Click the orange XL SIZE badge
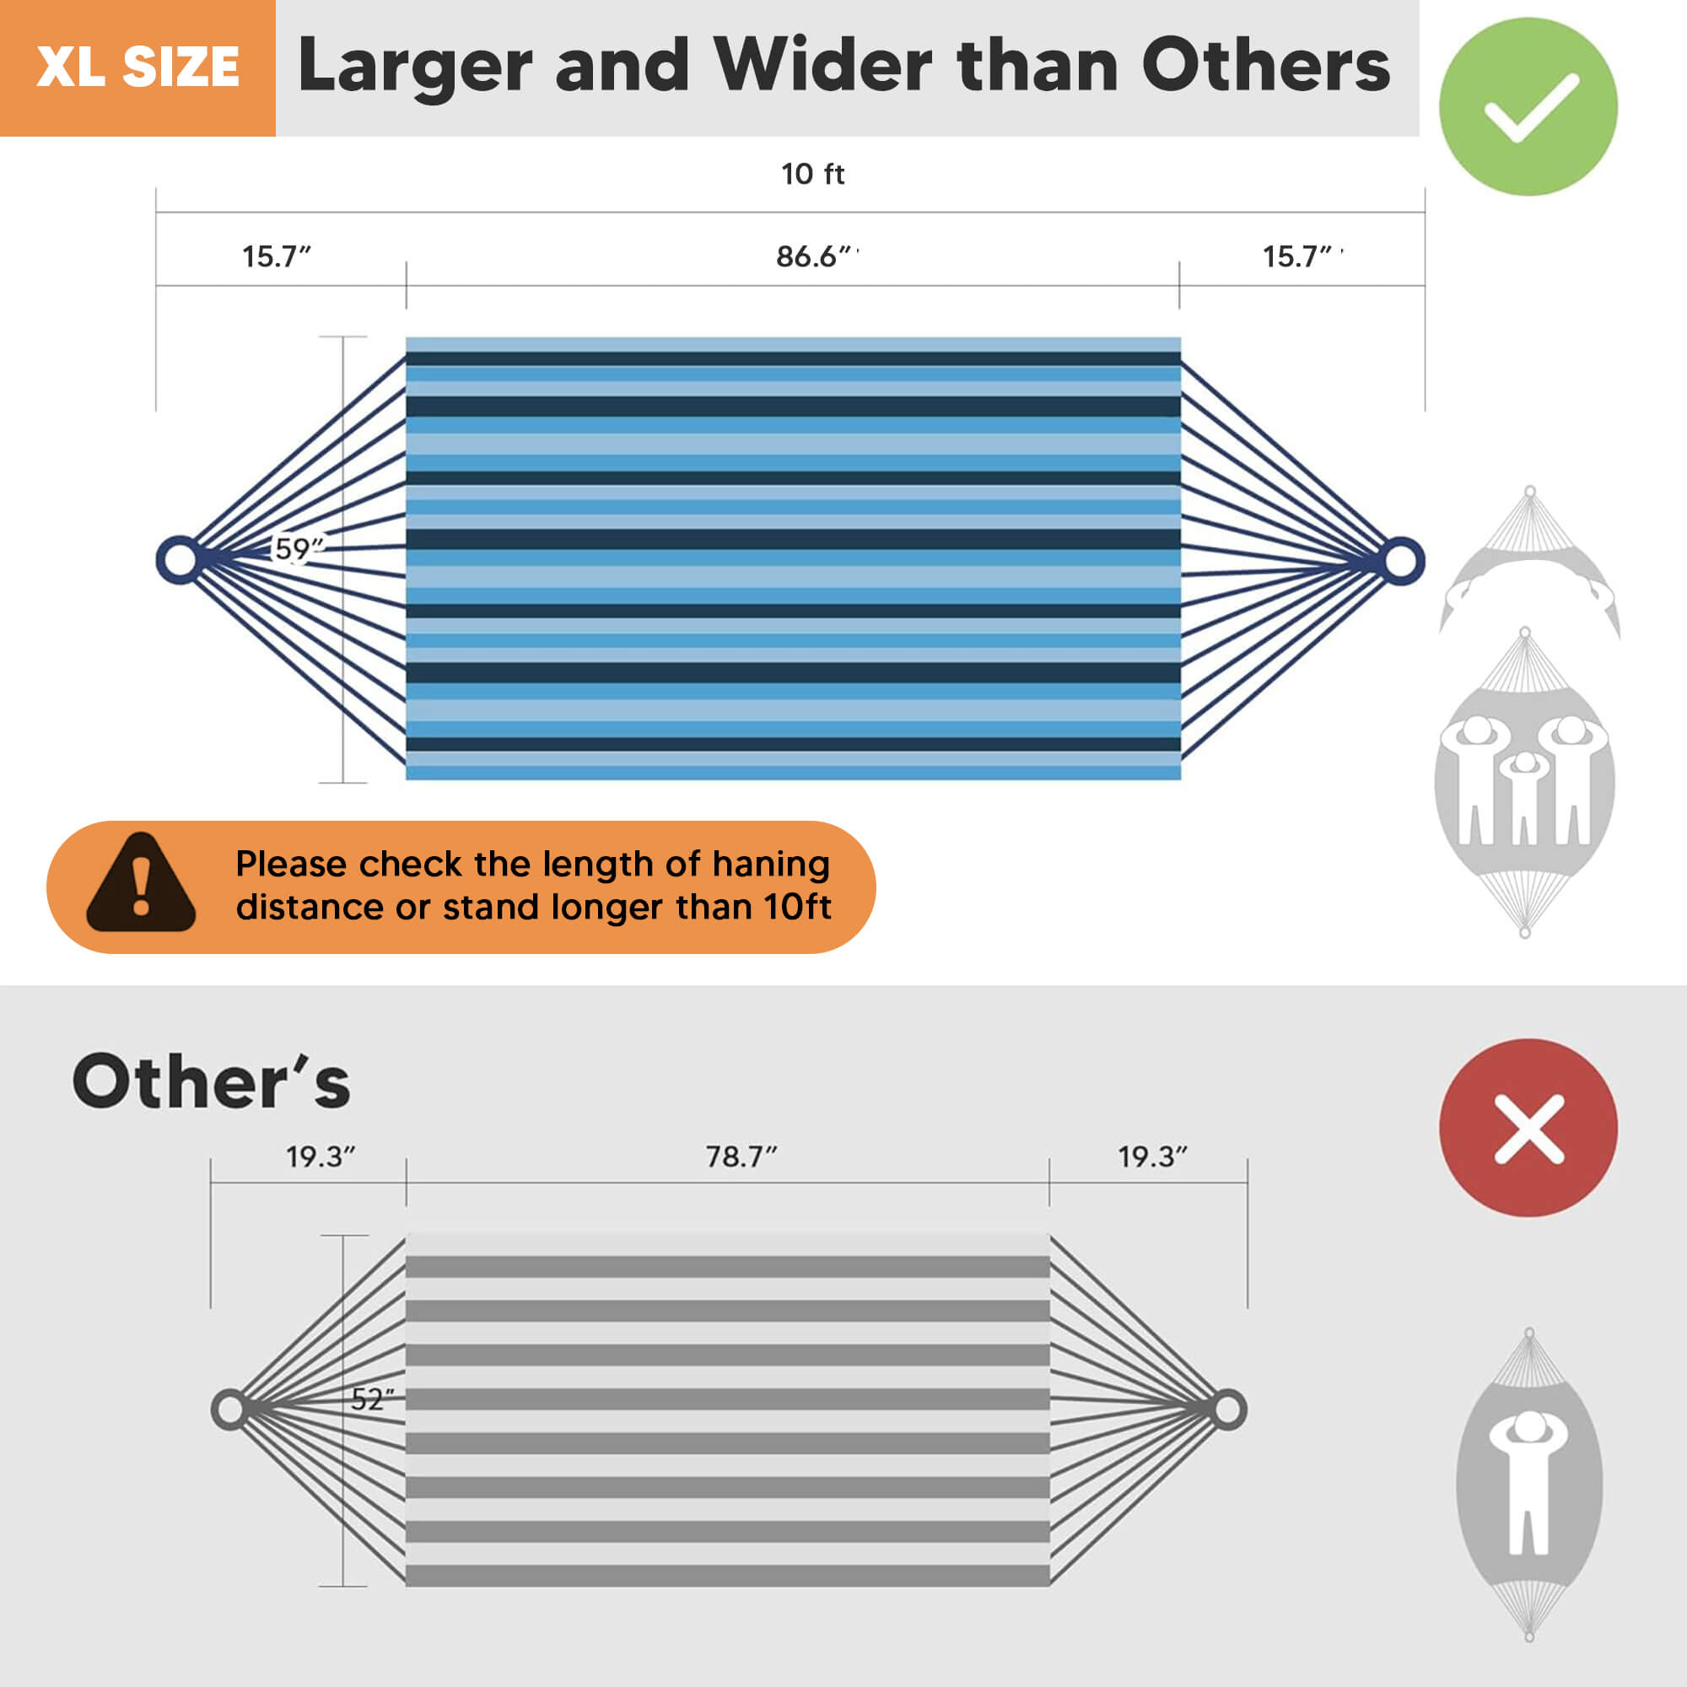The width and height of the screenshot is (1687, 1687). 138,68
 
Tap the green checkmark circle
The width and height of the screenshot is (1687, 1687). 1528,106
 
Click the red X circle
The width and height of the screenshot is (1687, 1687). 1528,1127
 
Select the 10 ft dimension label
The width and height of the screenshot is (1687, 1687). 813,174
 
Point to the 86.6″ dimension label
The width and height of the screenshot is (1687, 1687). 814,256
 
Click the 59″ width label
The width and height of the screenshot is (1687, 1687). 299,548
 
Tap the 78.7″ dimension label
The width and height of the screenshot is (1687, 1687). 741,1157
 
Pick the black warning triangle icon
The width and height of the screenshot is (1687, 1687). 141,883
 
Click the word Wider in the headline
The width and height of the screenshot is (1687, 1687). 822,66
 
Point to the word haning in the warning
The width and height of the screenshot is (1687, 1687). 770,865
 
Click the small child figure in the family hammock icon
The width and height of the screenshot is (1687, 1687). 1524,796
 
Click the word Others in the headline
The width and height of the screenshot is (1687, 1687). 1266,66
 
